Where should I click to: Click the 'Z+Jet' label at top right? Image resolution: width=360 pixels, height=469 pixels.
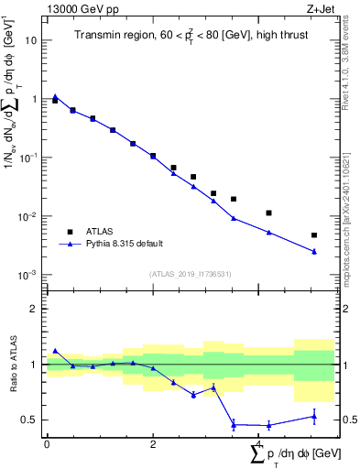click(319, 10)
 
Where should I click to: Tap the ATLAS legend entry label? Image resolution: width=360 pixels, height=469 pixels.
click(101, 232)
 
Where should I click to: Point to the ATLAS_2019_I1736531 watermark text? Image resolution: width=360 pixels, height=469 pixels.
click(190, 274)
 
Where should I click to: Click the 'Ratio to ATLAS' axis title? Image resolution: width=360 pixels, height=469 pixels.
click(16, 365)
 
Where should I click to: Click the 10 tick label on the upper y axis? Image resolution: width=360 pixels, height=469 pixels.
click(31, 40)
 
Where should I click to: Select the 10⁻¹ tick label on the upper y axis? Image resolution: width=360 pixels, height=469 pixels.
click(29, 158)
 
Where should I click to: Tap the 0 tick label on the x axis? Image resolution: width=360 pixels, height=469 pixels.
click(47, 445)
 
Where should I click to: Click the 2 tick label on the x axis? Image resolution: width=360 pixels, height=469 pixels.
click(153, 445)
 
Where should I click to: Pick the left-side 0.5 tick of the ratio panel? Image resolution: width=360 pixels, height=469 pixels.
click(32, 420)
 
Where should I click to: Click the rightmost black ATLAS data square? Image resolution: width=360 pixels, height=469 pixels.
click(314, 235)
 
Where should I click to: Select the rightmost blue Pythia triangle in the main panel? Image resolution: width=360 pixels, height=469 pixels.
click(314, 252)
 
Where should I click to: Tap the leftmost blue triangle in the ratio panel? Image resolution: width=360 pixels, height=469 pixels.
click(55, 351)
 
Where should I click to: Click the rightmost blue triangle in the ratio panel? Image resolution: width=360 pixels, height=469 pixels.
click(314, 417)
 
